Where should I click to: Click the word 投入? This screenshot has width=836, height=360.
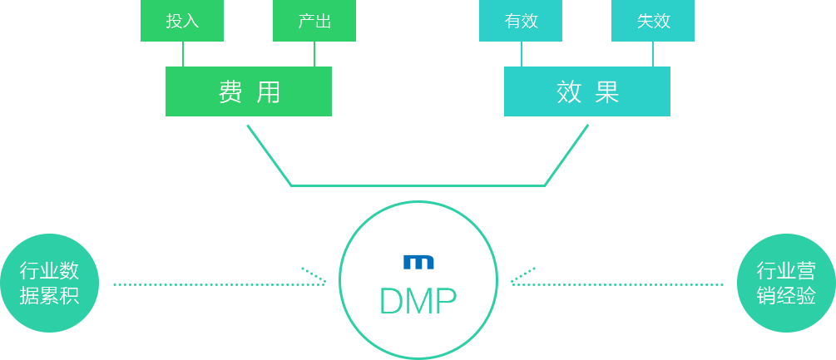[x=182, y=22]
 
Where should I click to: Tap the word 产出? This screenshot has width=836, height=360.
[x=314, y=22]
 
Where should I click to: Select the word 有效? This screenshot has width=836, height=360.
[x=522, y=22]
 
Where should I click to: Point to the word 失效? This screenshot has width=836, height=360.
[x=654, y=22]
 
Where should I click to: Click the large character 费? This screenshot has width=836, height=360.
[x=230, y=91]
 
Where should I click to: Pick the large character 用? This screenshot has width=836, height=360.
[x=268, y=91]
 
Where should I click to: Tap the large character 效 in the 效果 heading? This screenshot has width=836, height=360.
[x=569, y=91]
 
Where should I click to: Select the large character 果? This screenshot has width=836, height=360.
[x=607, y=91]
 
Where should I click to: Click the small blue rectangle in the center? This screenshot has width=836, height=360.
[x=418, y=262]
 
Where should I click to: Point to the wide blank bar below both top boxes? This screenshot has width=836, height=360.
[x=418, y=155]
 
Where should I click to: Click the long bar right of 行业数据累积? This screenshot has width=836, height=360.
[x=220, y=276]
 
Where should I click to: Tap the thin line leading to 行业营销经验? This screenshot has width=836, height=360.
[x=669, y=284]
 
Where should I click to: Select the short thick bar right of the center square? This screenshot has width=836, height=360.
[x=561, y=276]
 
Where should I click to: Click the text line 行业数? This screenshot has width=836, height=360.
[x=49, y=270]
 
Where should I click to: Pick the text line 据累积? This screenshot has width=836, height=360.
[x=49, y=295]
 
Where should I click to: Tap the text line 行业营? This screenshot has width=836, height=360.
[x=786, y=270]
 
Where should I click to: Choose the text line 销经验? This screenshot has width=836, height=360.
[x=786, y=295]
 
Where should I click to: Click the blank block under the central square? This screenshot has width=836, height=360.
[x=418, y=332]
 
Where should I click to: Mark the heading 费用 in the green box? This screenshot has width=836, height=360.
[x=249, y=91]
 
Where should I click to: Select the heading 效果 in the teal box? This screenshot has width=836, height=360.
[x=588, y=91]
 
